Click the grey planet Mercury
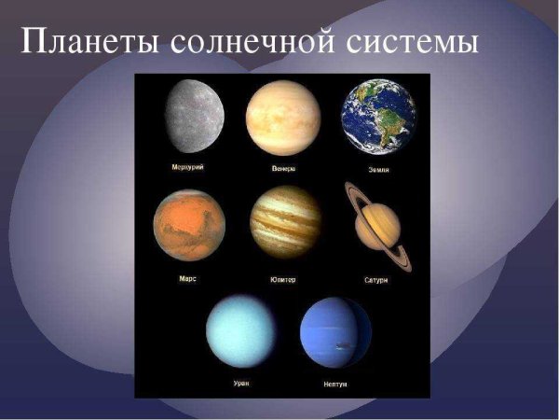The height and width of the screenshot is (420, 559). tap(194, 117)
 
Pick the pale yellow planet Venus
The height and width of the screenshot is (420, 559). tap(283, 117)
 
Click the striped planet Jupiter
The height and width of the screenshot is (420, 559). tap(285, 222)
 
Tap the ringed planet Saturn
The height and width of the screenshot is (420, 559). tap(376, 224)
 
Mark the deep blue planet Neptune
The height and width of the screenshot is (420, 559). tap(335, 332)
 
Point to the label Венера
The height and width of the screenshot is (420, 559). tap(284, 169)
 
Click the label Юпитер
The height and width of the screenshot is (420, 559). tap(285, 278)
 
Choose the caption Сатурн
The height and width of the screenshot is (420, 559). tap(375, 279)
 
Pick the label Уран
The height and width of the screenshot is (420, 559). tap(240, 384)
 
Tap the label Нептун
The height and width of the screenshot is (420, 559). tap(336, 384)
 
